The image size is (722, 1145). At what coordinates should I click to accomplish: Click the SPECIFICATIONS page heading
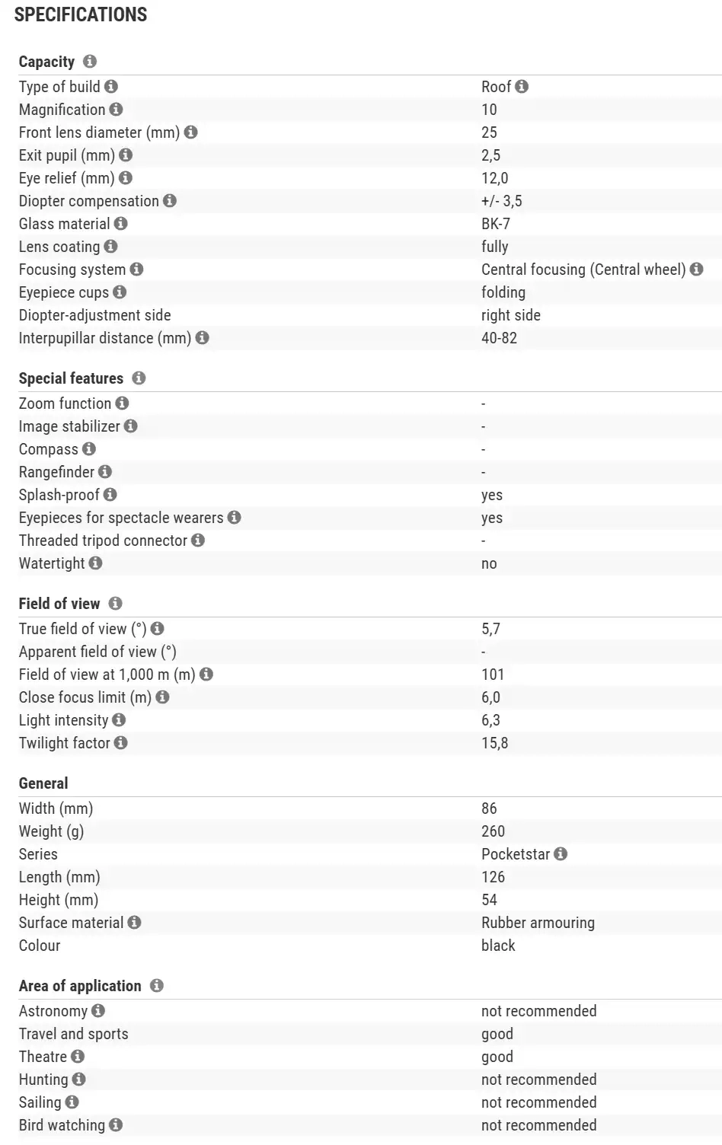81,14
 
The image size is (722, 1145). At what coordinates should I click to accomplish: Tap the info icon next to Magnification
116,110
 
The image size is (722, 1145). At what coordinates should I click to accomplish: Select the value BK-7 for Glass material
496,224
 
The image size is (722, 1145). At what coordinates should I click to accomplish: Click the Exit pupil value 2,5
491,155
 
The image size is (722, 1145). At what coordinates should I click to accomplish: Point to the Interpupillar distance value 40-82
499,338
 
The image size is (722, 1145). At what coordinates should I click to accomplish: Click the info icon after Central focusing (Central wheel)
696,270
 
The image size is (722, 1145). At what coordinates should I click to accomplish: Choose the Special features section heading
71,378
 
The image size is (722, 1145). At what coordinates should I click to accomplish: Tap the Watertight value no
489,563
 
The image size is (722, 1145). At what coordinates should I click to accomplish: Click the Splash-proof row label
59,495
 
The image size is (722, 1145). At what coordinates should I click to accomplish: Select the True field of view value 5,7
491,629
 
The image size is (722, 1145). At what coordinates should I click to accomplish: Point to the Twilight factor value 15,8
495,743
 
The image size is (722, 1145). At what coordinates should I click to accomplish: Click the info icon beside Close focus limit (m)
162,697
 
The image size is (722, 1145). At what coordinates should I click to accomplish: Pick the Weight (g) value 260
494,831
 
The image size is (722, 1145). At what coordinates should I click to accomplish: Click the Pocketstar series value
516,854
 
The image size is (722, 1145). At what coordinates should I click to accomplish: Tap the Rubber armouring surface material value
538,923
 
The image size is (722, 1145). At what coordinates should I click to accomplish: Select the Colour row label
40,946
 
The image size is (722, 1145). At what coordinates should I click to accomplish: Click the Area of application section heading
80,986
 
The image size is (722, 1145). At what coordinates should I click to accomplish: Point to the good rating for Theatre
497,1057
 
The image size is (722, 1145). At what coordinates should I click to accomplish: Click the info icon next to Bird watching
116,1125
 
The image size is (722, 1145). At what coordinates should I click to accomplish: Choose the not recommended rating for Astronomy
538,1011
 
